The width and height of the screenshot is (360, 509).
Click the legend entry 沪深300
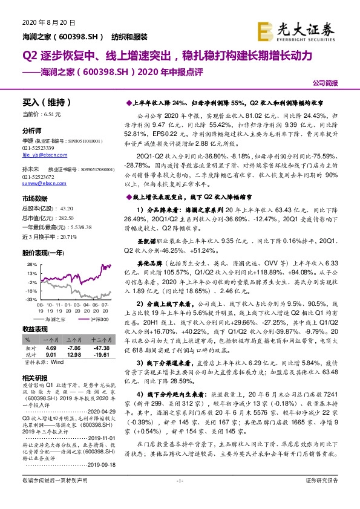pyautogui.click(x=93, y=318)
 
